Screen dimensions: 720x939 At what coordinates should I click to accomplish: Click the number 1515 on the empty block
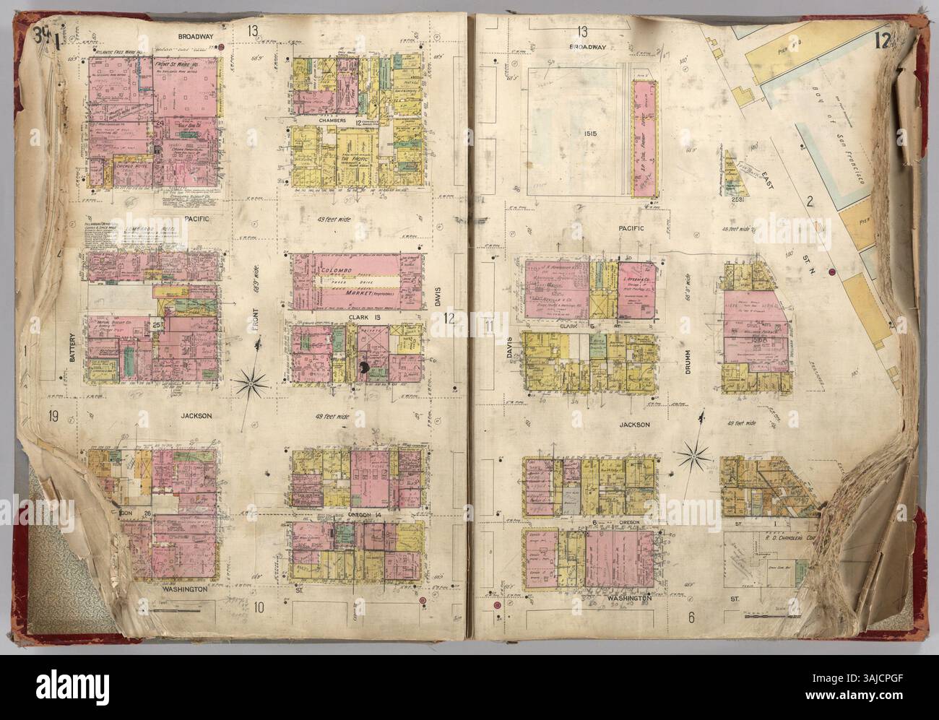click(574, 134)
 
